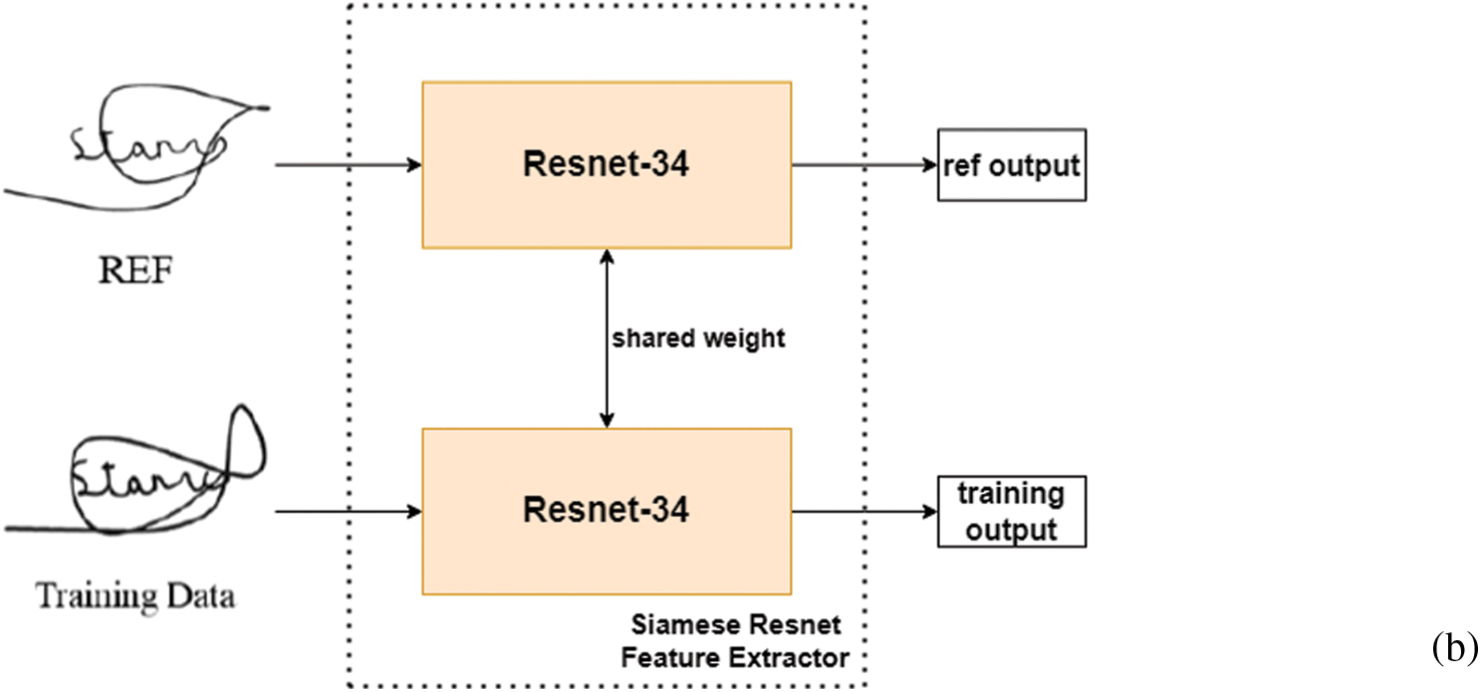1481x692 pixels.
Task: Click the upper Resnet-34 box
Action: click(x=606, y=165)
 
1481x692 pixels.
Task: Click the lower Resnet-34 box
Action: click(x=606, y=511)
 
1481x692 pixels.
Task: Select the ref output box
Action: click(x=1011, y=165)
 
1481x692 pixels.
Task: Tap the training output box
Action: click(x=1011, y=512)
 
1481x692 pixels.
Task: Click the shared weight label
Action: click(x=698, y=339)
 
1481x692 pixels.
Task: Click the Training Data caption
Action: click(x=135, y=597)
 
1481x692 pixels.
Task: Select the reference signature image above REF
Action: click(x=139, y=149)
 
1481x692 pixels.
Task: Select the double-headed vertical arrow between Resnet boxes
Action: click(x=606, y=339)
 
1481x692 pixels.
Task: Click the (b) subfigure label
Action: click(x=1455, y=649)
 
